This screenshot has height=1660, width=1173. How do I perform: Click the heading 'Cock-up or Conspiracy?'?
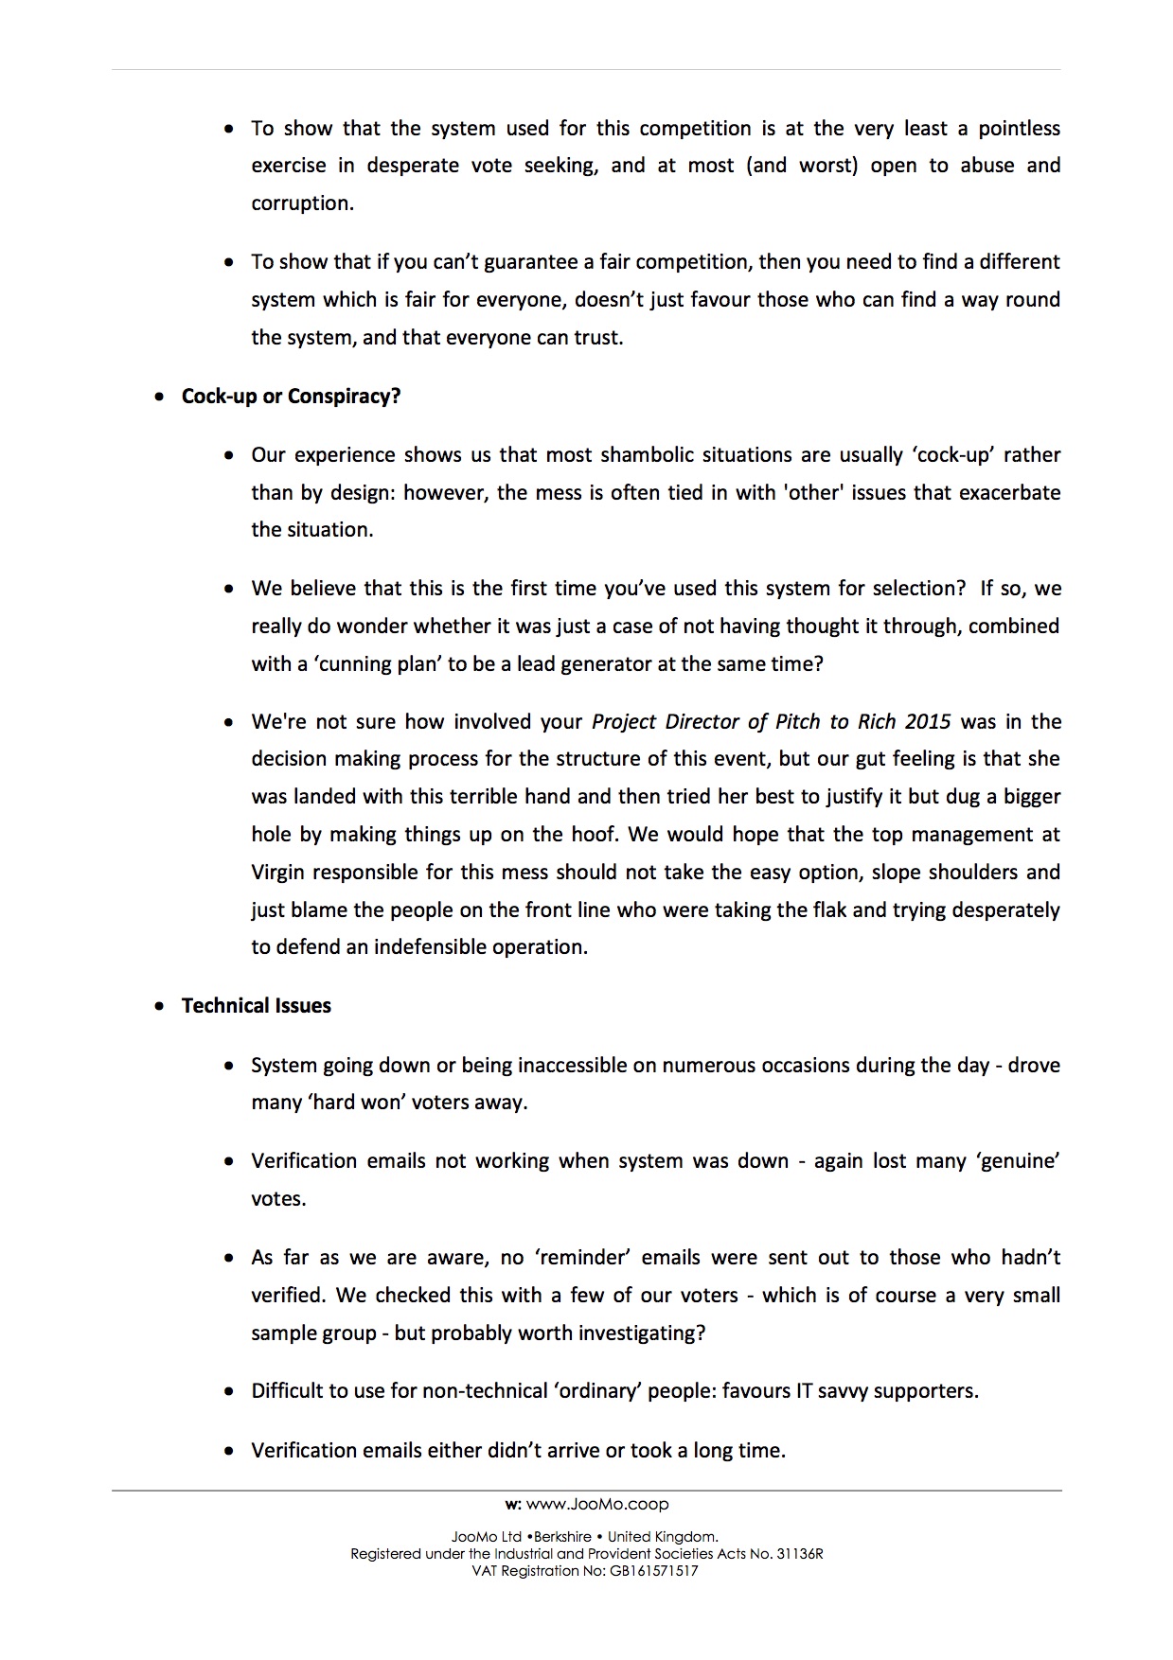coord(291,397)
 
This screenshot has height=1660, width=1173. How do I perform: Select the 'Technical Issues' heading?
coord(256,1006)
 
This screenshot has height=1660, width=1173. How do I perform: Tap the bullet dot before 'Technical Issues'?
coord(160,1007)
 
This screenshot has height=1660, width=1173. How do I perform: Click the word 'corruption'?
coord(301,203)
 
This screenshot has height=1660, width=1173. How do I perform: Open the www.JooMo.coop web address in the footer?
coord(596,1504)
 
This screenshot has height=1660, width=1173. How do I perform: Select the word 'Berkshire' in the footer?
coord(562,1537)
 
